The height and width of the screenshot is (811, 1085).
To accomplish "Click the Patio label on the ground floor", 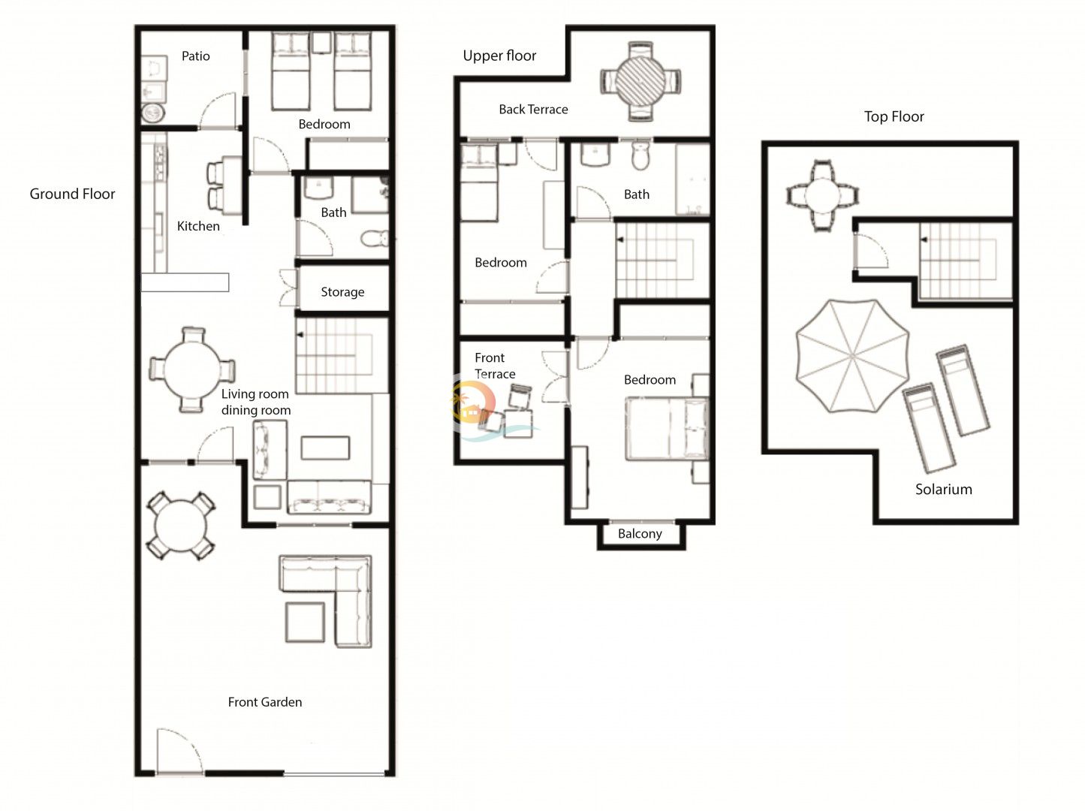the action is pyautogui.click(x=195, y=56).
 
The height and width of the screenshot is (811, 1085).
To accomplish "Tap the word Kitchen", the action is pyautogui.click(x=198, y=226).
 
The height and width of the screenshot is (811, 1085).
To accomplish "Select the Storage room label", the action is pyautogui.click(x=342, y=292).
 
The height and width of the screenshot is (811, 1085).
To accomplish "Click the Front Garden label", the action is pyautogui.click(x=265, y=702).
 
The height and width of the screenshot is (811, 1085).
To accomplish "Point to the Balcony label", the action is pyautogui.click(x=640, y=534).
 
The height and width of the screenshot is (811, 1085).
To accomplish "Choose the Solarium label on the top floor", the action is pyautogui.click(x=944, y=490).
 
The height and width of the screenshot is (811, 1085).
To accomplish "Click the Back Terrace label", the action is pyautogui.click(x=533, y=109).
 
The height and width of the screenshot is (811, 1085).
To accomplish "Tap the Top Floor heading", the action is pyautogui.click(x=894, y=116).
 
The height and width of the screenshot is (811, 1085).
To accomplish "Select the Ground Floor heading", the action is pyautogui.click(x=72, y=194).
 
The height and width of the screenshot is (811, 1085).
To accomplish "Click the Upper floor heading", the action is pyautogui.click(x=499, y=56).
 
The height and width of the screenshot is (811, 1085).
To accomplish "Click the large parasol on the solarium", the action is pyautogui.click(x=853, y=356).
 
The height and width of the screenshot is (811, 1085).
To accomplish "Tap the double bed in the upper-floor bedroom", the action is pyautogui.click(x=667, y=429).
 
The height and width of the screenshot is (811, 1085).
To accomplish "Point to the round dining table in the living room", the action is pyautogui.click(x=192, y=369).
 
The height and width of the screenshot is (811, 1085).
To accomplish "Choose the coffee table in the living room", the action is pyautogui.click(x=325, y=448).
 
